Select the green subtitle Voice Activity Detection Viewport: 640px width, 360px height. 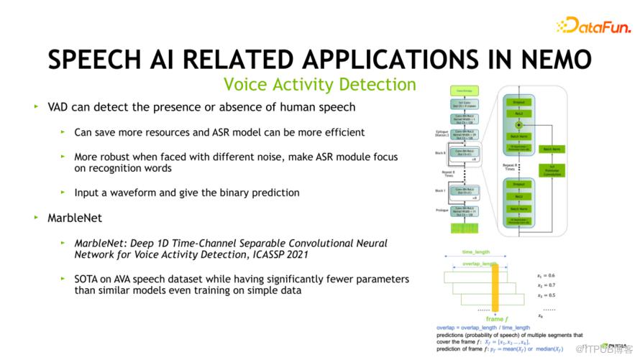point(319,85)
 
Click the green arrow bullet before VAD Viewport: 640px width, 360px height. point(36,107)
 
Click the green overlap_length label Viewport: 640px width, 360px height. point(480,264)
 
